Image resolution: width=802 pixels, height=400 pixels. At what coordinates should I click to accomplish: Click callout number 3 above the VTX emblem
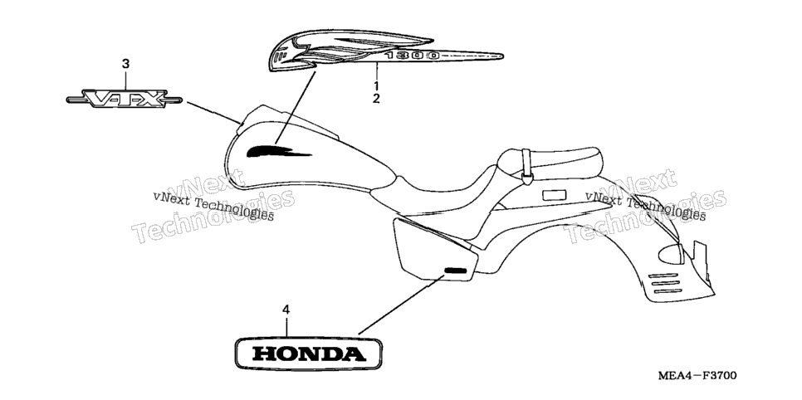pyautogui.click(x=125, y=64)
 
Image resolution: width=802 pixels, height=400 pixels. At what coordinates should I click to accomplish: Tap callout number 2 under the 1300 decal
pyautogui.click(x=376, y=99)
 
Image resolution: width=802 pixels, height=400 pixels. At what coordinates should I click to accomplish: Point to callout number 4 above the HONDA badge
pyautogui.click(x=286, y=310)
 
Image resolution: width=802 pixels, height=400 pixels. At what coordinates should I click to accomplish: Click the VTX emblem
pyautogui.click(x=125, y=99)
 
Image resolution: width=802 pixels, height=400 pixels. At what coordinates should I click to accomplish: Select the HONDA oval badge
pyautogui.click(x=308, y=353)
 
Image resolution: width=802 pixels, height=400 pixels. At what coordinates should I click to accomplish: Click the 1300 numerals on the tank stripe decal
pyautogui.click(x=413, y=56)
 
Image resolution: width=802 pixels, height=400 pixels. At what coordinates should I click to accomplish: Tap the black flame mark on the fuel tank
pyautogui.click(x=279, y=151)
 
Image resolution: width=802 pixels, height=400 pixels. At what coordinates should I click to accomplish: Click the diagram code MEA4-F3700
pyautogui.click(x=697, y=376)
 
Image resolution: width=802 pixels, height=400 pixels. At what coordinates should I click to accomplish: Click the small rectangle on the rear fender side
pyautogui.click(x=554, y=194)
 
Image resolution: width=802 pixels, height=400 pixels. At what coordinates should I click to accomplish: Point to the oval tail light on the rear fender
pyautogui.click(x=670, y=254)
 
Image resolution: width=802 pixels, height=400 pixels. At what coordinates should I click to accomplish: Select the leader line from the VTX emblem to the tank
pyautogui.click(x=213, y=113)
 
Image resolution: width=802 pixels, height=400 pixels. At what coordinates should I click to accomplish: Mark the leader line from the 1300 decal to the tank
pyautogui.click(x=295, y=107)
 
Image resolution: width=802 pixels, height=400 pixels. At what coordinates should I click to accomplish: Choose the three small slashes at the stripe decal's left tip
pyautogui.click(x=278, y=56)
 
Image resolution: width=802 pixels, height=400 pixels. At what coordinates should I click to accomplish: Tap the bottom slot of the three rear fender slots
pyautogui.click(x=667, y=291)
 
